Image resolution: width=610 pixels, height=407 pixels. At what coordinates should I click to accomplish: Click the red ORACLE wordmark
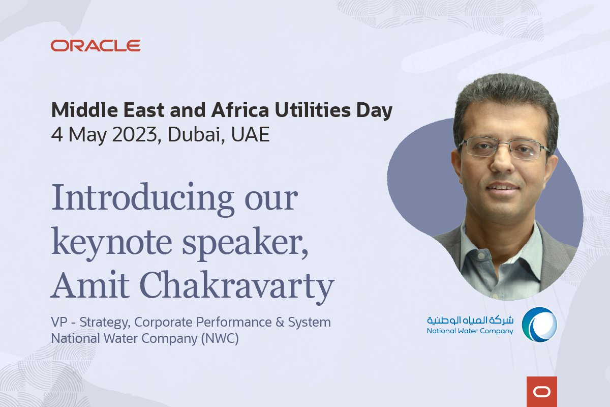96,46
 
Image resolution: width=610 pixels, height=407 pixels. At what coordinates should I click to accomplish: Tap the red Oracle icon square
541,391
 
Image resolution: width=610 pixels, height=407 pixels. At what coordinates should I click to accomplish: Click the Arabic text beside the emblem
470,320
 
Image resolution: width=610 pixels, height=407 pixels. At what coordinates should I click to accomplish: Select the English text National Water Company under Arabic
470,331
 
